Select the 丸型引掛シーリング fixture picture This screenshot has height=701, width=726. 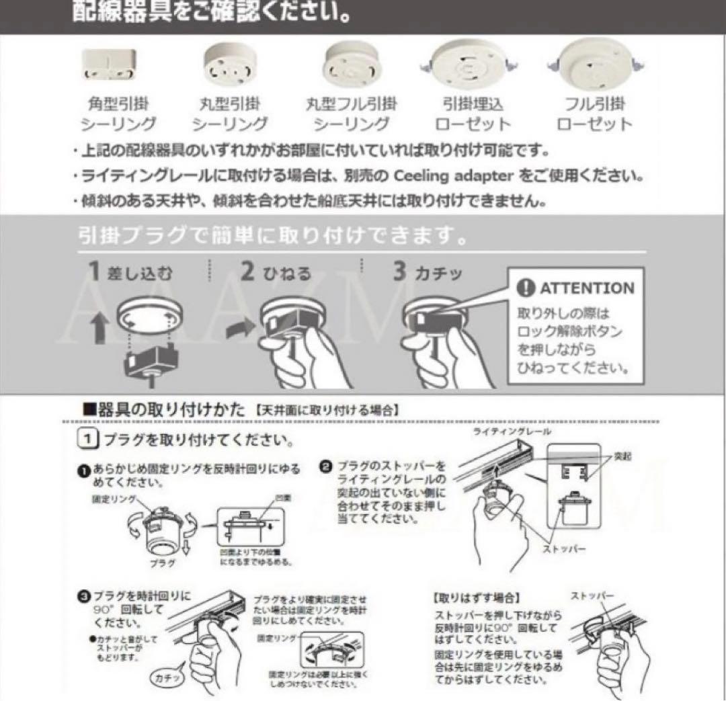(229, 65)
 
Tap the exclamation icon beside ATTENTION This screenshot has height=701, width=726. (526, 288)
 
